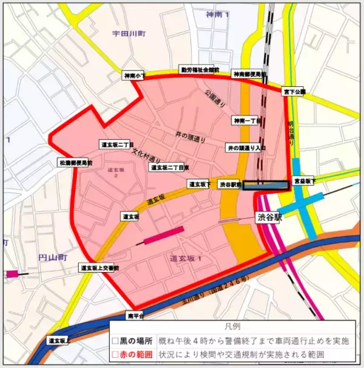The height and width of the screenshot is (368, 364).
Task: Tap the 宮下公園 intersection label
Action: tap(294, 92)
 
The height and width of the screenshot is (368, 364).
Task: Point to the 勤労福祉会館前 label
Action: tap(199, 70)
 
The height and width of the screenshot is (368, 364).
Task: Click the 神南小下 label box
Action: tap(134, 76)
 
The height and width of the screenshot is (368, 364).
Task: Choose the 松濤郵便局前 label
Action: tap(75, 163)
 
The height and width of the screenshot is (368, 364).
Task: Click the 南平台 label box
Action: tap(135, 316)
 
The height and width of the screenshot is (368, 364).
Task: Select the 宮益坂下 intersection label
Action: tap(304, 180)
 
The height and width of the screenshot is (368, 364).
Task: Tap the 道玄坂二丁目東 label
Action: tap(170, 167)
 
